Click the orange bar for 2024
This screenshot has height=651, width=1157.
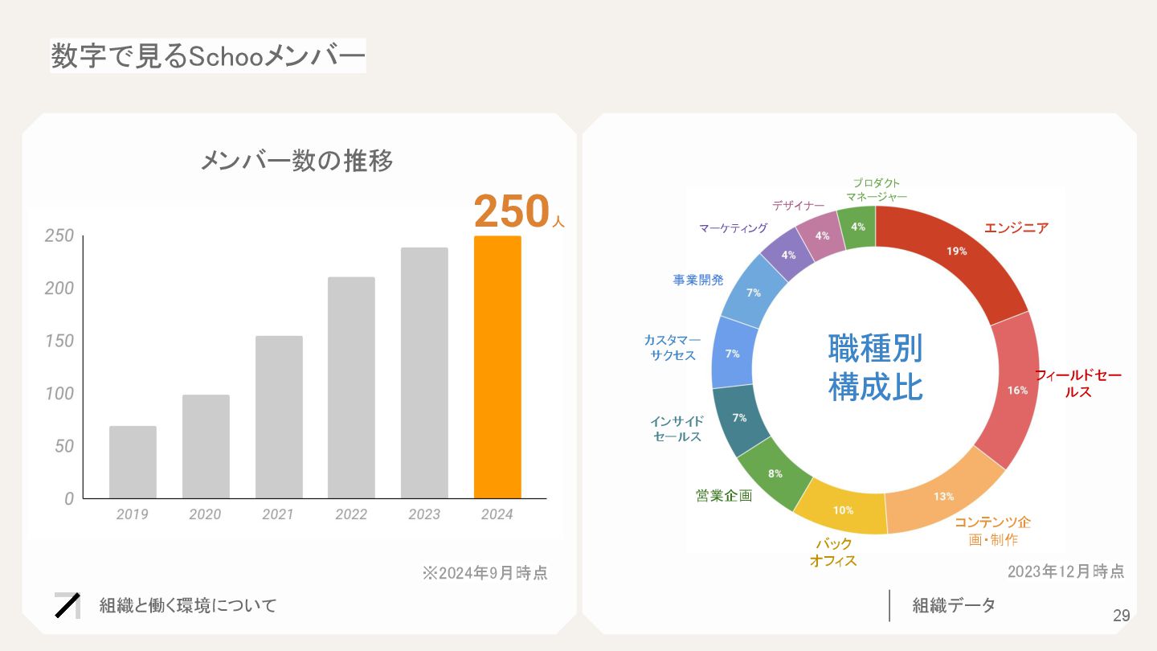click(x=497, y=366)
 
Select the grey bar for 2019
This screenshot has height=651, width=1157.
click(x=133, y=462)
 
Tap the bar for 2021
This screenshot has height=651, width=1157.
click(x=279, y=416)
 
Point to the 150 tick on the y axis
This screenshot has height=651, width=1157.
click(x=59, y=341)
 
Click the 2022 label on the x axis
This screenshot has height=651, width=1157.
click(x=351, y=514)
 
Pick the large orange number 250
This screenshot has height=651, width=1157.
click(x=511, y=212)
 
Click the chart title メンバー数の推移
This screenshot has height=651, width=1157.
click(x=296, y=162)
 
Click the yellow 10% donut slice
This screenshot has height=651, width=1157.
click(x=842, y=509)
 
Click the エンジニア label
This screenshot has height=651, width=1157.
click(x=1016, y=228)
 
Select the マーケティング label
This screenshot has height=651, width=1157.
click(x=733, y=228)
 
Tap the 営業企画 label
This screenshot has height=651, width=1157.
click(x=724, y=496)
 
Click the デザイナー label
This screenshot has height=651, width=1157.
click(x=798, y=206)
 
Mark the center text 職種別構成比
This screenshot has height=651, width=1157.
click(x=875, y=368)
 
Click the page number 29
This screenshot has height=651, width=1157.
click(x=1121, y=616)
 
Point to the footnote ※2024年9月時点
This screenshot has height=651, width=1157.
click(x=484, y=573)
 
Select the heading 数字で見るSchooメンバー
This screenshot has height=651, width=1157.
click(x=208, y=56)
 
